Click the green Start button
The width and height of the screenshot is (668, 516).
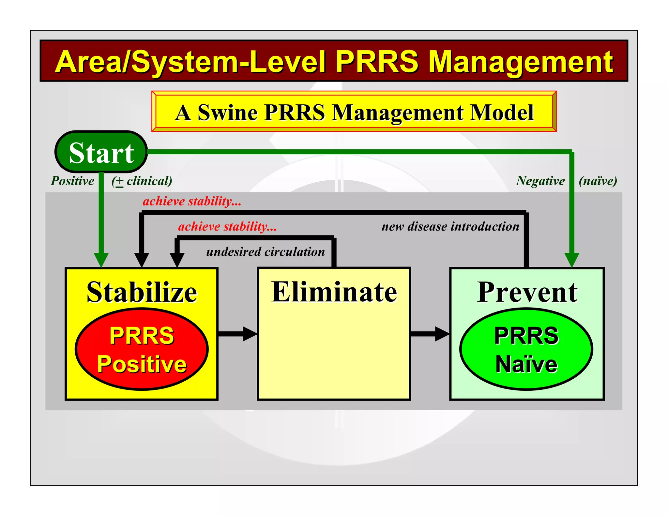pyautogui.click(x=101, y=152)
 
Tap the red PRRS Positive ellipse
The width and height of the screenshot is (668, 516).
pyautogui.click(x=142, y=349)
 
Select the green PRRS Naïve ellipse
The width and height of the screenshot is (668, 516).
pyautogui.click(x=526, y=349)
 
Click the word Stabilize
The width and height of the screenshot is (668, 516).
pyautogui.click(x=142, y=293)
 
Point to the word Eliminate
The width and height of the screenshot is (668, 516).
pyautogui.click(x=334, y=292)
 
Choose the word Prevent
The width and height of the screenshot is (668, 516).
pyautogui.click(x=527, y=293)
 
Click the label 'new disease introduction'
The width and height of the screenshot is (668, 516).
pyautogui.click(x=450, y=226)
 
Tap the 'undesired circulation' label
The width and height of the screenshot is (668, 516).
pyautogui.click(x=266, y=252)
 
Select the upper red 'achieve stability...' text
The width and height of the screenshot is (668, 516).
pyautogui.click(x=192, y=201)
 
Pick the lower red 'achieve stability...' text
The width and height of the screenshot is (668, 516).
pyautogui.click(x=227, y=226)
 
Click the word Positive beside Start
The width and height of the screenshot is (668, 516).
pyautogui.click(x=72, y=181)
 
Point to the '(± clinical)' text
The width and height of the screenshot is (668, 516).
pyautogui.click(x=142, y=181)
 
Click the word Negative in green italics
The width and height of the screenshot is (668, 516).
pyautogui.click(x=540, y=181)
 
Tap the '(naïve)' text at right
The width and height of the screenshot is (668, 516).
pyautogui.click(x=598, y=181)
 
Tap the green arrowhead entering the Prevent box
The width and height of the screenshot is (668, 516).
pyautogui.click(x=572, y=260)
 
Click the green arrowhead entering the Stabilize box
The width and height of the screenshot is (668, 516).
pyautogui.click(x=101, y=260)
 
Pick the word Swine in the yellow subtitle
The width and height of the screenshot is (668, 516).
pyautogui.click(x=228, y=113)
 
